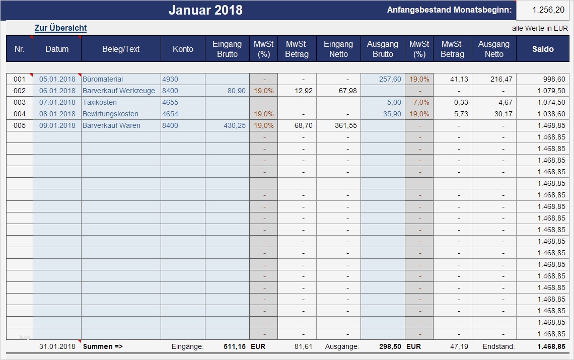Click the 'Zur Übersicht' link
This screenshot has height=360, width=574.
click(60, 28)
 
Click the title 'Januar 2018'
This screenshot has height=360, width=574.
click(205, 10)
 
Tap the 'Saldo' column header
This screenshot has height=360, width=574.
click(543, 49)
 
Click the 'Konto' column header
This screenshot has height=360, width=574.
click(183, 49)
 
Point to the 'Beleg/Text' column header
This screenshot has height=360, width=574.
click(121, 49)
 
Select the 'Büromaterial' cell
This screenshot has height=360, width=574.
click(103, 79)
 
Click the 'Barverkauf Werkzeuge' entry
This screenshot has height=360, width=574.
click(119, 91)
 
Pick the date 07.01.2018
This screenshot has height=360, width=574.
click(57, 102)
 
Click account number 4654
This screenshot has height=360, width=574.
click(170, 114)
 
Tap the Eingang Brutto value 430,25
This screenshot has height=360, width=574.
click(235, 125)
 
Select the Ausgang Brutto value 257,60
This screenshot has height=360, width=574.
click(390, 79)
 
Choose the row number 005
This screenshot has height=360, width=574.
click(19, 125)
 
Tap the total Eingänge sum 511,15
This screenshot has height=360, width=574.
click(235, 346)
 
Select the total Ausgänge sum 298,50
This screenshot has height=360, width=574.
click(390, 346)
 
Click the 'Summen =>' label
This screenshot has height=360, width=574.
click(103, 346)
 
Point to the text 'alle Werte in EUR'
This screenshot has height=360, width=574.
click(540, 28)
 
